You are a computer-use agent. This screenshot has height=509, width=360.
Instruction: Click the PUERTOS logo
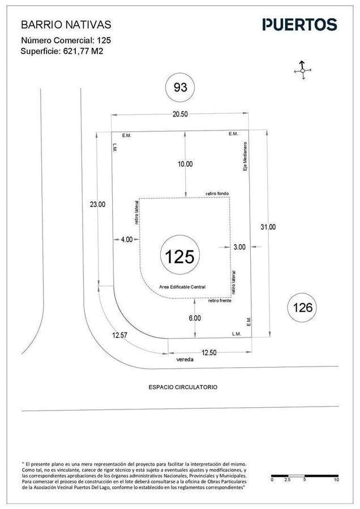pos(299,25)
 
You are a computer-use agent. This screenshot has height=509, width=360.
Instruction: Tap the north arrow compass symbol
pos(302,70)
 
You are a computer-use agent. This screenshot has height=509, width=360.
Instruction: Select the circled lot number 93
pos(181,87)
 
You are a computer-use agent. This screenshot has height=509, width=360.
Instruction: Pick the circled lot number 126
pos(302,308)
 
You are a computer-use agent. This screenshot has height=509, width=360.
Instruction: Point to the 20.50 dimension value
pos(180,114)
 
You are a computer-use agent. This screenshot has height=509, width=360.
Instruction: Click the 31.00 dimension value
pos(268,227)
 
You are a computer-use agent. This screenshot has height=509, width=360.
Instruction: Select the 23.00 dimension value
pos(97,205)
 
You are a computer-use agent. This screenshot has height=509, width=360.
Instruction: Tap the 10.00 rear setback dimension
pos(185,164)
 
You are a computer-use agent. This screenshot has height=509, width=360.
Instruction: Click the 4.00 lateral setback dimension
pos(127,240)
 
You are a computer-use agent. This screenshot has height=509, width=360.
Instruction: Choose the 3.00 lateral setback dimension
pos(239,247)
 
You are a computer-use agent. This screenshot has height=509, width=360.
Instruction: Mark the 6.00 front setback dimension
pos(195,318)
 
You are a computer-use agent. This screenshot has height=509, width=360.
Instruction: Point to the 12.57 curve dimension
pos(119,335)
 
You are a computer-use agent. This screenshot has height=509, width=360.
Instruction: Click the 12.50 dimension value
pos(209,353)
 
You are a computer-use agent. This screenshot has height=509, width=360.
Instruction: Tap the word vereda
pos(185,360)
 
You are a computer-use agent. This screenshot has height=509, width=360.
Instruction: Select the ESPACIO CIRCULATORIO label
pos(183,387)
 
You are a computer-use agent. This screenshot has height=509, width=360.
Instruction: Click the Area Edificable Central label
pos(182,287)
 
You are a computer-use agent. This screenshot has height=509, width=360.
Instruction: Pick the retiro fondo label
pos(217,193)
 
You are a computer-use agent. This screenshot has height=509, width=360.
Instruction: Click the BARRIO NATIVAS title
pos(66,25)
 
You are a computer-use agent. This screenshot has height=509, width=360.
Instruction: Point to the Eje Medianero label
pos(245,157)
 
